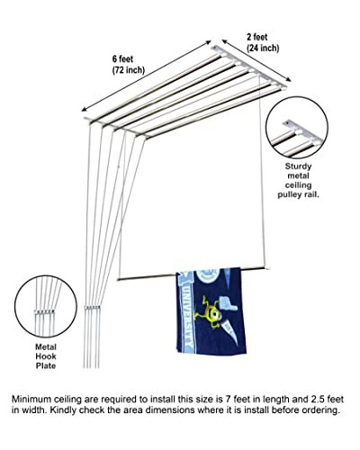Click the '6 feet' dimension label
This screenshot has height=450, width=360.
[x=122, y=58]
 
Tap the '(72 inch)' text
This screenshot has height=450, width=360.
[x=129, y=70]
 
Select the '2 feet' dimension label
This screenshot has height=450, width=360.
[x=257, y=37]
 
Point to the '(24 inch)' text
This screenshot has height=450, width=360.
[x=263, y=48]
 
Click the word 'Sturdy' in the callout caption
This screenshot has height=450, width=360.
[x=298, y=166]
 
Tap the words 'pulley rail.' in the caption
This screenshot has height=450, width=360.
[x=298, y=194]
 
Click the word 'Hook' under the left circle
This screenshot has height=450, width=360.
[x=46, y=356]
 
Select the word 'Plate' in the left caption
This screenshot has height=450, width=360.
[x=46, y=365]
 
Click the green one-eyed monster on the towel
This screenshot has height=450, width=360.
[x=209, y=312]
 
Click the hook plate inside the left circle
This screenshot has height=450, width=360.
[x=44, y=311]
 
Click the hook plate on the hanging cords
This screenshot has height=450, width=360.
[x=92, y=308]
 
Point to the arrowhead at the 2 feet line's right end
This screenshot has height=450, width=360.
[x=289, y=79]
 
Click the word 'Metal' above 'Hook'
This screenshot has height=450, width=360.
[x=46, y=347]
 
